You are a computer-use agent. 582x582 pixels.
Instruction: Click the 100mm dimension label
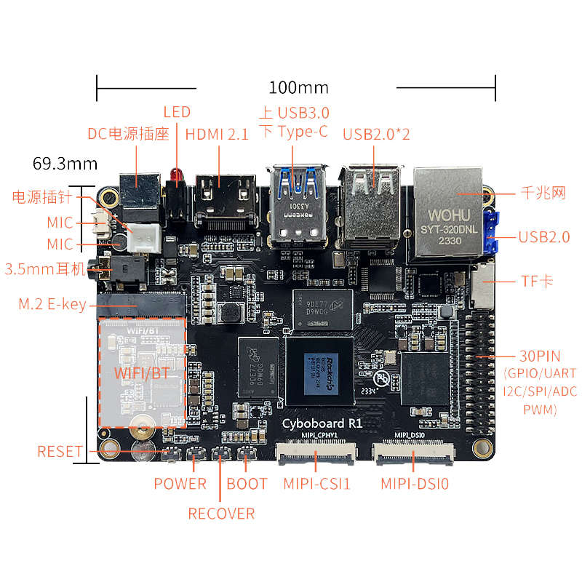pos(298,88)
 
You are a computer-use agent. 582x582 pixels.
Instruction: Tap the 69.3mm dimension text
pos(65,163)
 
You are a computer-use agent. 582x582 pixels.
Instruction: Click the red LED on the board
pos(176,175)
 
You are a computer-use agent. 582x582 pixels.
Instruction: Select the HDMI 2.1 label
pos(217,135)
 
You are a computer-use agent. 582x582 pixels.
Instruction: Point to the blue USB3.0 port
pos(298,204)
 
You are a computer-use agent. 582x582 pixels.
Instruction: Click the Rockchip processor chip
pos(319,371)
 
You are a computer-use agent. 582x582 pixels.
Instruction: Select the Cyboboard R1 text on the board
pos(322,423)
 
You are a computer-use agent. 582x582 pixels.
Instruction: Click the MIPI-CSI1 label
pos(317,483)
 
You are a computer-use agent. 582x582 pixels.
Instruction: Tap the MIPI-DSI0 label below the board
pos(415,483)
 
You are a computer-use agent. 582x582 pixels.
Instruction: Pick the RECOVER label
pos(221,514)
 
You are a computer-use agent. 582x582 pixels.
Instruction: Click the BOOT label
pos(247,483)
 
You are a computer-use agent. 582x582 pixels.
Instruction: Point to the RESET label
pos(60,452)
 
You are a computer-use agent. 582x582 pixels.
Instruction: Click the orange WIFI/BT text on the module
pos(143,373)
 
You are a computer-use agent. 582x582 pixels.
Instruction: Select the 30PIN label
pos(539,356)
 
